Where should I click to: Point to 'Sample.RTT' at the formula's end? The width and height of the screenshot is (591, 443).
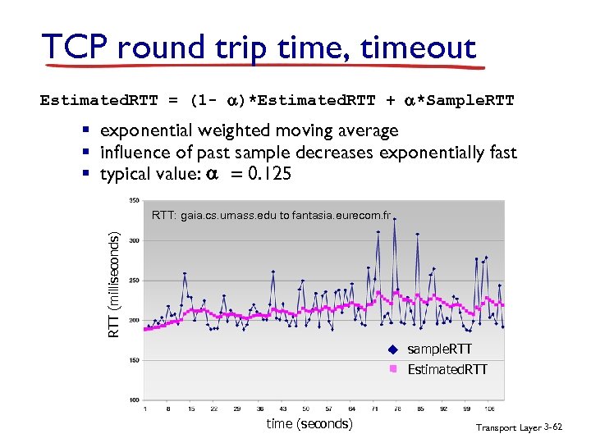(x=466, y=101)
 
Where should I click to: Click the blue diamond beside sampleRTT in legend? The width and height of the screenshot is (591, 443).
(x=393, y=350)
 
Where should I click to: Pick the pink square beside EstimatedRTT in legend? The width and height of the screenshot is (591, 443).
(x=393, y=369)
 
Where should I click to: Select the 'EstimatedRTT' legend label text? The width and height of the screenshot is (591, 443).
(x=447, y=369)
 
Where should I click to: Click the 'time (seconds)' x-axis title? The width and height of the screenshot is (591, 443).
(x=309, y=423)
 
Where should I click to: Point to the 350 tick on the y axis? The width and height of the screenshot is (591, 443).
(x=135, y=200)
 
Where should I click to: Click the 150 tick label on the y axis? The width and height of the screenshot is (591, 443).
(x=135, y=360)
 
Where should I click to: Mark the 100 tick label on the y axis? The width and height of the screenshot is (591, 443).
(x=135, y=400)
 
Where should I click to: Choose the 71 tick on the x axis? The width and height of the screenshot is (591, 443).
(x=374, y=408)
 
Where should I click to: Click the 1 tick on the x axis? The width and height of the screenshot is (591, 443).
(x=145, y=408)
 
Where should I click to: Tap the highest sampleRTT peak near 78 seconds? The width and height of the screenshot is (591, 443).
(x=395, y=219)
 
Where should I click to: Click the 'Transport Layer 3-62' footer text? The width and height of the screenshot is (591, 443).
(x=520, y=427)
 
